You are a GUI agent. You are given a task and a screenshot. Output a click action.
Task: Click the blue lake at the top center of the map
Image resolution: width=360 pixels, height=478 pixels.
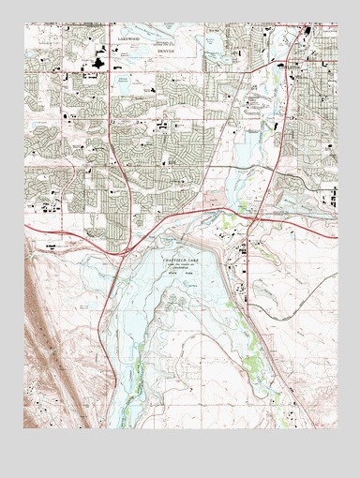(x=212, y=43)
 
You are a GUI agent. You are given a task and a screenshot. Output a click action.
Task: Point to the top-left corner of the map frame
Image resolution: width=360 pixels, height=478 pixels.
(x=24, y=23)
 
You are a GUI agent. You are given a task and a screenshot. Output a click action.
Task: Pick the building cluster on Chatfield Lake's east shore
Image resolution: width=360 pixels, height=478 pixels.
(x=243, y=251)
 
